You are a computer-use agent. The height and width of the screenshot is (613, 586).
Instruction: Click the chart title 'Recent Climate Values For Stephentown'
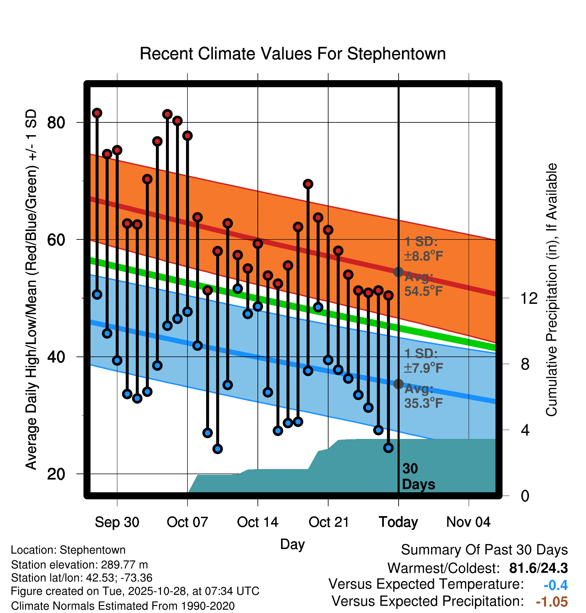[x=293, y=54]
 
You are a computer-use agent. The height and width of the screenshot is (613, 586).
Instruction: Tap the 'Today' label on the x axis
[x=398, y=522]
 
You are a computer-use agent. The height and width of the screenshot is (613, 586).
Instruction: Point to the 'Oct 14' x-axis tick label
[x=257, y=522]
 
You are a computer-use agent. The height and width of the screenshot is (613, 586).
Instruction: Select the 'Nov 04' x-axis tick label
[x=468, y=522]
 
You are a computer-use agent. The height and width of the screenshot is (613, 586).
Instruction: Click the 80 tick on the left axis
[x=56, y=123]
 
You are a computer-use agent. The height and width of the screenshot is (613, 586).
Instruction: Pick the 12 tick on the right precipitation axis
[x=529, y=298]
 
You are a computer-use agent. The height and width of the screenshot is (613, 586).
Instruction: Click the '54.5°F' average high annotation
[x=423, y=291]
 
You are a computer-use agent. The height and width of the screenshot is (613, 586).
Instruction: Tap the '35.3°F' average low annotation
[x=423, y=403]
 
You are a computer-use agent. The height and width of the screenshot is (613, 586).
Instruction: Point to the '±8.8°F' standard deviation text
[x=423, y=256]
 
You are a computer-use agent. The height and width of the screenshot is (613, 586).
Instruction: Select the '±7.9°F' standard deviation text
[x=423, y=368]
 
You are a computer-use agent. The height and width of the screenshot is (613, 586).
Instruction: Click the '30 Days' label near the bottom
[x=418, y=477]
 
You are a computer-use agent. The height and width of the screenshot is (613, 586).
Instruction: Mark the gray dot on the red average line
[x=398, y=272]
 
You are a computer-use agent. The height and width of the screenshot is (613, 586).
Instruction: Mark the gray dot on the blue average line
[x=398, y=384]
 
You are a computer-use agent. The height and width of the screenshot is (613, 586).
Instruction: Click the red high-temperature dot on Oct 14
[x=258, y=243]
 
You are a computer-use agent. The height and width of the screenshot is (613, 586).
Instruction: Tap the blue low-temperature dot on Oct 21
[x=328, y=360]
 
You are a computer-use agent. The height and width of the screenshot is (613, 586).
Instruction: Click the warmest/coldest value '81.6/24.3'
[x=538, y=568]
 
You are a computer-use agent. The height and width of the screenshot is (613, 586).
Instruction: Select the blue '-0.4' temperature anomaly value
[x=555, y=585]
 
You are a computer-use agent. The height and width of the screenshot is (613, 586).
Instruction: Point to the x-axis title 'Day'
[x=292, y=544]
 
